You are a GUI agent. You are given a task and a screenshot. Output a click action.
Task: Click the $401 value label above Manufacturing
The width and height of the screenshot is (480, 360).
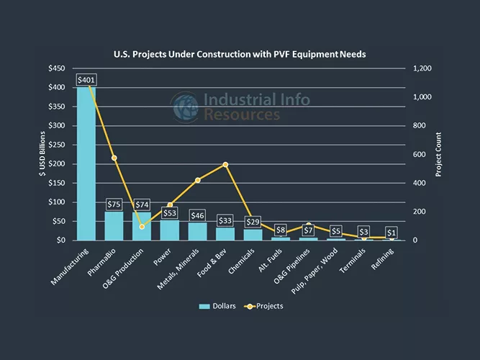pos(86,79)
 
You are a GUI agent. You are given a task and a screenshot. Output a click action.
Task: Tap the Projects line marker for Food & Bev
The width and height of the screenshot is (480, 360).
pos(225,165)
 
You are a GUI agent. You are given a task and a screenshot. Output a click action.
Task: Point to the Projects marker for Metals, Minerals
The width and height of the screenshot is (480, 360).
pos(198,180)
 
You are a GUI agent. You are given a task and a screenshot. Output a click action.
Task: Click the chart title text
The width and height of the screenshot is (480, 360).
pos(240,54)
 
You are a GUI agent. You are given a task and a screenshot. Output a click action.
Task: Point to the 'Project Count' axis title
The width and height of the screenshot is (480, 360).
pos(439,154)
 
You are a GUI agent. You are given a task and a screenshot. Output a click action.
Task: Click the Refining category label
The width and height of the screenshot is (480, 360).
pos(383,259)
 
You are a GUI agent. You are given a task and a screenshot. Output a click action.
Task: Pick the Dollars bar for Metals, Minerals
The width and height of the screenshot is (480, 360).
pos(198,231)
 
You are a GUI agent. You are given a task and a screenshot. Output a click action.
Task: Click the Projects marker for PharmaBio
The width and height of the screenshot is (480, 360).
pos(114,158)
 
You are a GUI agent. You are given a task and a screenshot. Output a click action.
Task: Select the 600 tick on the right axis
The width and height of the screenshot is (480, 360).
pos(417,154)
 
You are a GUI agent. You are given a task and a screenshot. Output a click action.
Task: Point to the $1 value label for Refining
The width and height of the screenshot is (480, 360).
pos(391,233)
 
